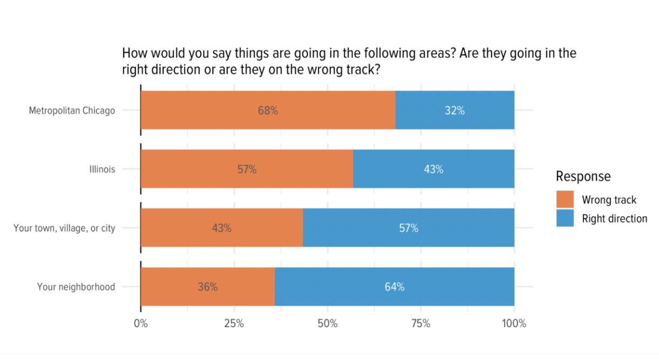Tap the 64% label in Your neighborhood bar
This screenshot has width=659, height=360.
[x=395, y=287]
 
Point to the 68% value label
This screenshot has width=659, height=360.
[x=268, y=111]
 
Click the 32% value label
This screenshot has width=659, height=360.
[x=454, y=111]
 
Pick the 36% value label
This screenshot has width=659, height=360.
[x=207, y=287]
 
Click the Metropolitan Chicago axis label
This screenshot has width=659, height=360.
[x=72, y=111]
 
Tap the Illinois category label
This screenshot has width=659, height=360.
[x=102, y=169]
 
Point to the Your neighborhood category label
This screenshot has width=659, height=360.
[x=76, y=287]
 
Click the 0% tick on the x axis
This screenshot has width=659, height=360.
[x=141, y=324]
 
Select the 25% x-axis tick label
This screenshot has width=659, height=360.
[x=234, y=324]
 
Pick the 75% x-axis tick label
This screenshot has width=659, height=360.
[x=421, y=324]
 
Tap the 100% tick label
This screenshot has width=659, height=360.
[x=514, y=324]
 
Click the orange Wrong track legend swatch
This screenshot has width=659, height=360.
[x=565, y=199]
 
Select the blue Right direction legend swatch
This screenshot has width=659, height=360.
[x=565, y=218]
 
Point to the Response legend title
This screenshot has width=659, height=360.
[x=583, y=176]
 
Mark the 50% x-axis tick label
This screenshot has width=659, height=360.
[x=328, y=324]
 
